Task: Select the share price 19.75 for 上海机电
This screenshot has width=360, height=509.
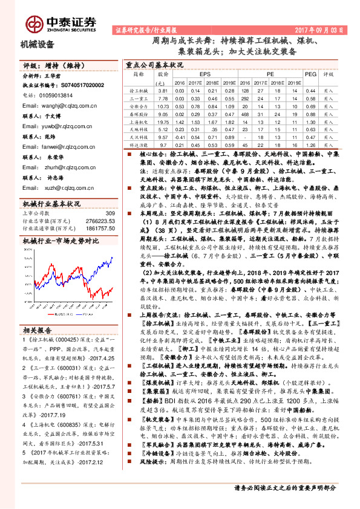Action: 162,121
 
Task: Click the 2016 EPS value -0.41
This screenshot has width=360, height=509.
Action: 179,137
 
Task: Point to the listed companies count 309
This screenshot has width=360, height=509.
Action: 110,213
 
